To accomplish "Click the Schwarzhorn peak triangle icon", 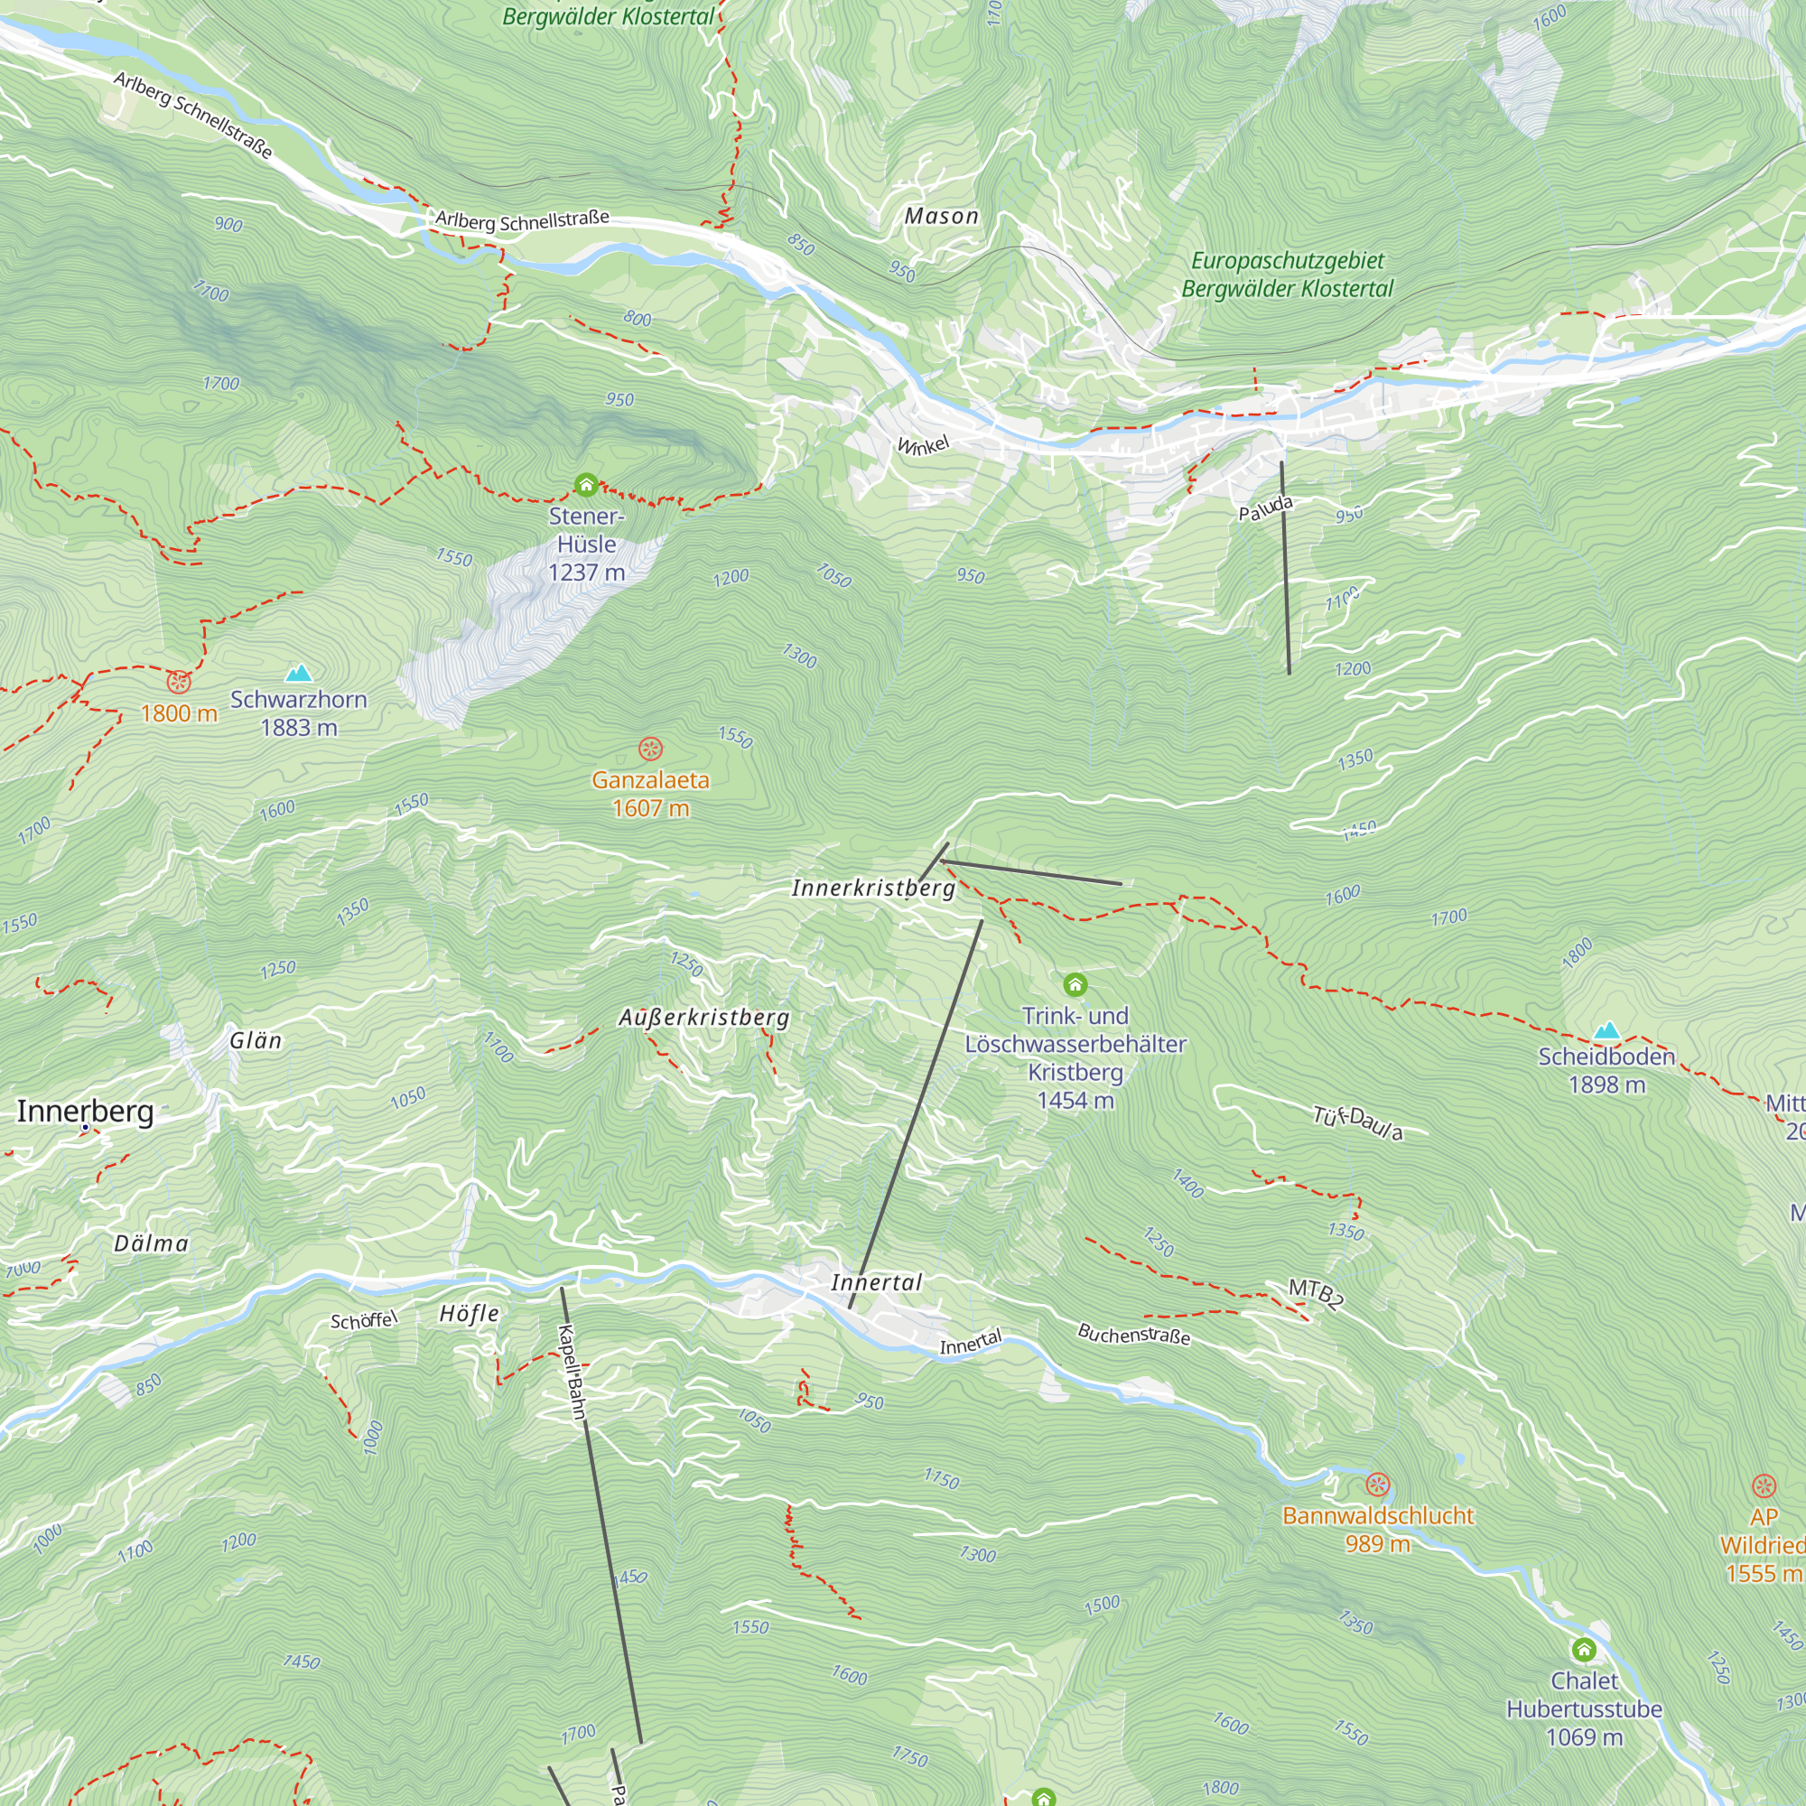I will click(298, 673).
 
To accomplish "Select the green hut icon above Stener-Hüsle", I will click(586, 484).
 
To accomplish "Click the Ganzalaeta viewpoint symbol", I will click(650, 749).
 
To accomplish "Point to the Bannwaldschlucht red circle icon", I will click(1378, 1485).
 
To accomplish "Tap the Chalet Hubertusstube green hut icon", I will click(1584, 1650).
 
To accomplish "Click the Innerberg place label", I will click(85, 1111).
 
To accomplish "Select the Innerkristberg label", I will click(873, 888).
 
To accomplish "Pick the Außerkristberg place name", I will click(704, 1017).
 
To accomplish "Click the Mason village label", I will click(941, 216).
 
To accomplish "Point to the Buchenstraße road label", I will click(1134, 1334).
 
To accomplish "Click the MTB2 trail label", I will click(1317, 1294).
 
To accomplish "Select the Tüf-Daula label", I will click(1357, 1122).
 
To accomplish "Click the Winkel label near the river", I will click(923, 445).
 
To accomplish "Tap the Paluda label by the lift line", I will click(1266, 508).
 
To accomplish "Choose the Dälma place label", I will click(152, 1243).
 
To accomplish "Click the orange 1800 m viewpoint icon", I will click(179, 682).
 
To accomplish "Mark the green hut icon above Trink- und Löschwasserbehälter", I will click(1075, 984).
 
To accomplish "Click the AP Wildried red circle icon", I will click(1763, 1486).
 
